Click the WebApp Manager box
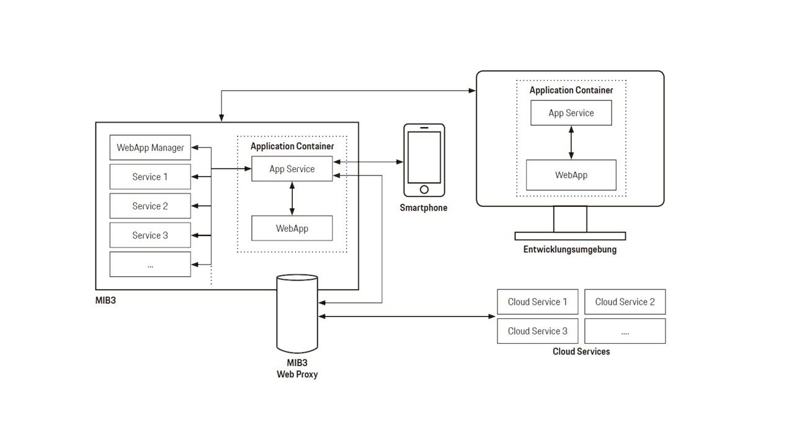150,148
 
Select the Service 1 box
150,177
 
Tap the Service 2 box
150,206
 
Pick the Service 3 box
150,235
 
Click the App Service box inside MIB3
292,169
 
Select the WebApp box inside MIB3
292,229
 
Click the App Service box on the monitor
571,113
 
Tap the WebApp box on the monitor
571,175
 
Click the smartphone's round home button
424,189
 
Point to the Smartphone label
423,208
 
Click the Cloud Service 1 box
537,302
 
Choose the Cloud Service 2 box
625,302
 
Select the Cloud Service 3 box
537,331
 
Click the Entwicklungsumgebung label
569,250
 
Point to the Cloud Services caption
581,352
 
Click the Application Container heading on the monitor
571,90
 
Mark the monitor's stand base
570,236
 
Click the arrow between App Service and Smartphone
368,162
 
